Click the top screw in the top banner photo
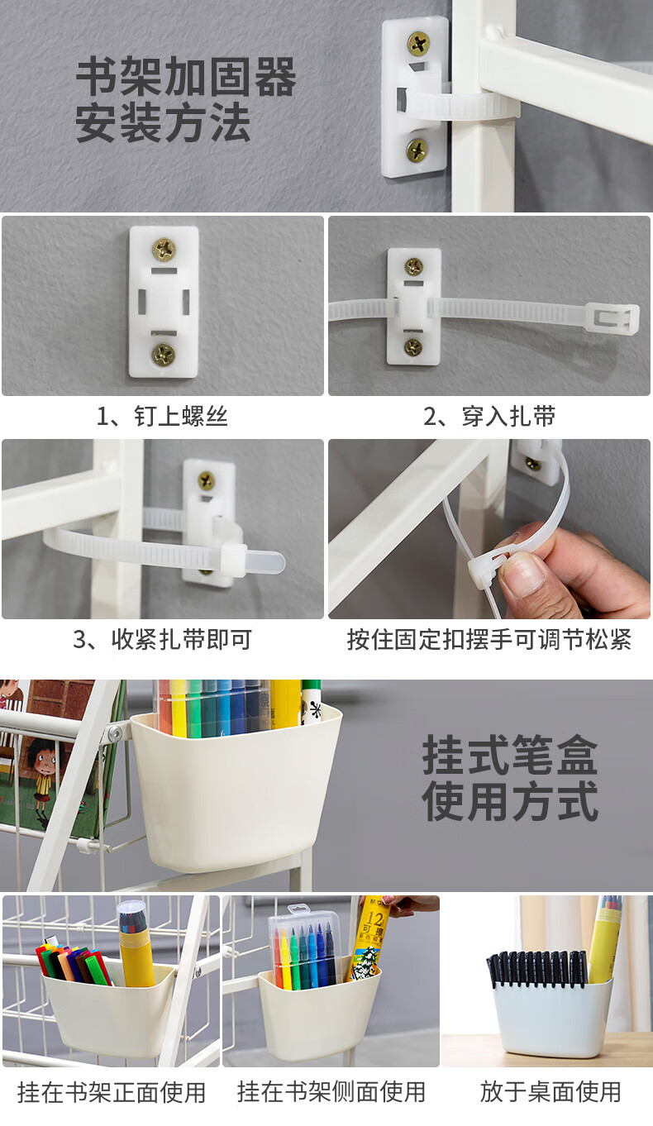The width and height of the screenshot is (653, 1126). click(x=418, y=43)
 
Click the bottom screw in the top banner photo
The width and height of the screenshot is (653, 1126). click(x=417, y=150)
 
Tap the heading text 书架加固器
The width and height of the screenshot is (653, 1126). click(x=186, y=76)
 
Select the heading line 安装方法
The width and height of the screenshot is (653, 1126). click(x=163, y=122)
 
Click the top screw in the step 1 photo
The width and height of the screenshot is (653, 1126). click(x=164, y=249)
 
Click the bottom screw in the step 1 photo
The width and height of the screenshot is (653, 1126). click(x=164, y=355)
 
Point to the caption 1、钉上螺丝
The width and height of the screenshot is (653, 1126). click(x=162, y=416)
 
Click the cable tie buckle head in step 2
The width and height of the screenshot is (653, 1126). click(x=612, y=318)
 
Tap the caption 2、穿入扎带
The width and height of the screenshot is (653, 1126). click(x=489, y=416)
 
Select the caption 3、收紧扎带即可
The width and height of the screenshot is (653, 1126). click(x=162, y=639)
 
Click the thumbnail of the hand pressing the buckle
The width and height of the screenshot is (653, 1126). click(x=489, y=529)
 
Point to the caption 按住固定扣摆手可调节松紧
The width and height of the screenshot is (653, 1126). click(x=489, y=639)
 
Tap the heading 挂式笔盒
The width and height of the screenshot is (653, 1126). click(x=510, y=754)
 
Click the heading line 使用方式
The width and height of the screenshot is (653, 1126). click(x=510, y=801)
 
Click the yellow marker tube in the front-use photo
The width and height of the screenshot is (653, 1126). click(x=136, y=952)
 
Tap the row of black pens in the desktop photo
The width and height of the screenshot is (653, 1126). click(x=537, y=968)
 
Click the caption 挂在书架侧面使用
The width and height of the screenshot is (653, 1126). click(x=331, y=1092)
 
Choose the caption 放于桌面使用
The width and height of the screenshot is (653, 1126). click(x=551, y=1092)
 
